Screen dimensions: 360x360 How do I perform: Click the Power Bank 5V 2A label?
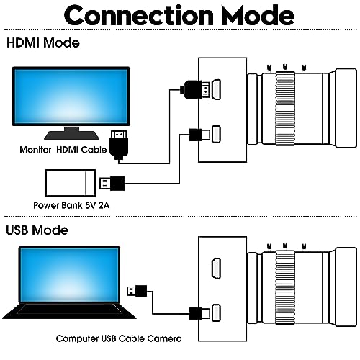point(75,204)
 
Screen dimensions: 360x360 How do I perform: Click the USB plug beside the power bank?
point(116,181)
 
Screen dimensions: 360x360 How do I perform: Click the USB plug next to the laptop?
point(138,290)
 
